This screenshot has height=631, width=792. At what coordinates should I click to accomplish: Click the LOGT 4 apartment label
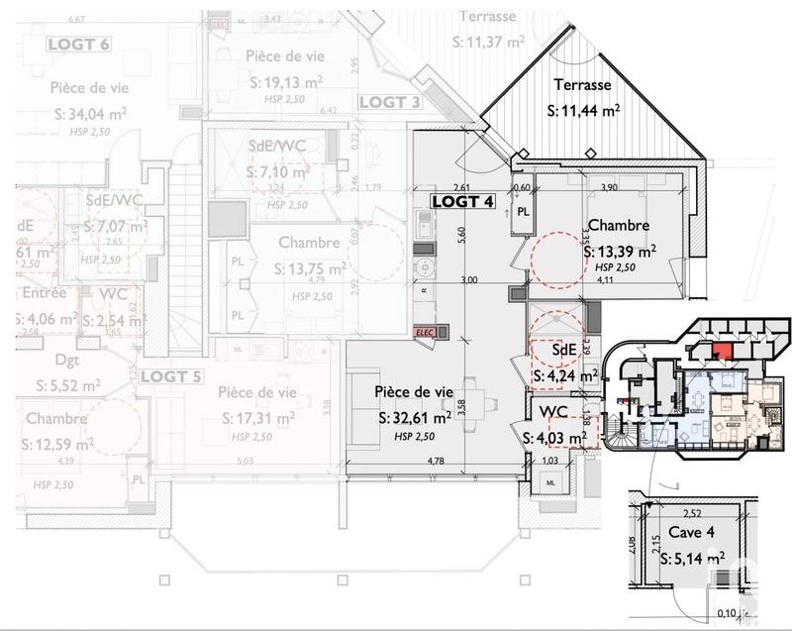pos(461,201)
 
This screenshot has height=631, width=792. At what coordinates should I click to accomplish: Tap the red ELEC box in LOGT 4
pos(423,334)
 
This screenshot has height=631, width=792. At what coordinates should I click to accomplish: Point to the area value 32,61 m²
pos(415,418)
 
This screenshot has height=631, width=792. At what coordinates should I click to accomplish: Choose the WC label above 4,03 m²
pos(552,411)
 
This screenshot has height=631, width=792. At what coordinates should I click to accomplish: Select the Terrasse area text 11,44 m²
pos(584,112)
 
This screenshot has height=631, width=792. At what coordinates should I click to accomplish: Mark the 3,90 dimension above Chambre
pos(609,186)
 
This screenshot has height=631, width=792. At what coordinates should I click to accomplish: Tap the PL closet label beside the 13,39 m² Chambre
pos(522,213)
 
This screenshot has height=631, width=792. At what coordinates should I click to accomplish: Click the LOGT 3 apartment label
pos(389,102)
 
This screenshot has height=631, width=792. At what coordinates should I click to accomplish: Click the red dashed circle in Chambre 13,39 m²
pos(557,261)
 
